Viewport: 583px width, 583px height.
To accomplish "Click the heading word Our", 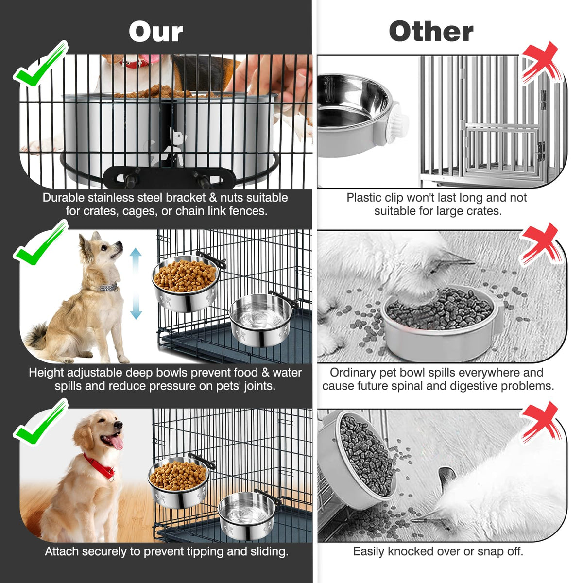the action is (156, 32).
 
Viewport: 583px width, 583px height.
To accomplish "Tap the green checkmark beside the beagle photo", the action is (40, 64).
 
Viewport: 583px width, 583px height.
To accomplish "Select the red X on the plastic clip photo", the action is (540, 64).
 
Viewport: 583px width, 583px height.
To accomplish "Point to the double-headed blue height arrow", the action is (136, 283).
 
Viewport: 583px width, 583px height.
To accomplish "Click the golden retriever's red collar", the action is (99, 466).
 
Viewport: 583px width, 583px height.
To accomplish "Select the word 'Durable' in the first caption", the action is (64, 198).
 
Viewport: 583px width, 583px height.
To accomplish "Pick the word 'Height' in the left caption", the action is (46, 373).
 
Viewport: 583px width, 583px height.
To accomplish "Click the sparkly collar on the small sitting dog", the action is (108, 287).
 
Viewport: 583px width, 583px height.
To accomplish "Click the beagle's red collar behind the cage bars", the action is (135, 63).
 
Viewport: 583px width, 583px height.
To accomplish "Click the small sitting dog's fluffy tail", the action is (37, 336).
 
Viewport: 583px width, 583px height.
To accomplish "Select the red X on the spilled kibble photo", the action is (540, 244).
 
